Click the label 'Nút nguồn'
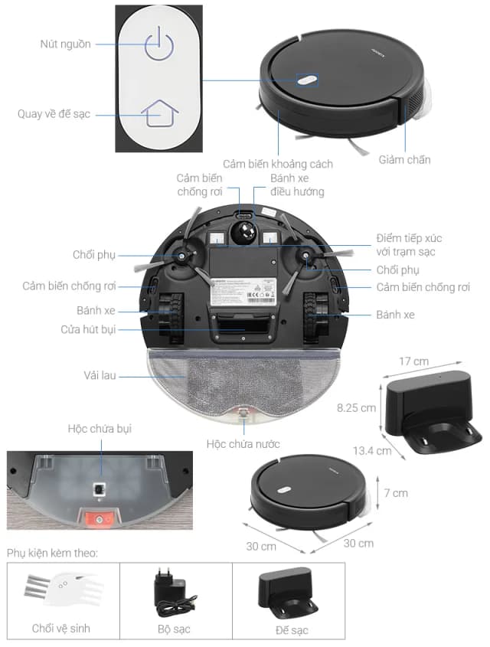pyautogui.click(x=65, y=44)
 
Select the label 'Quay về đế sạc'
pyautogui.click(x=54, y=113)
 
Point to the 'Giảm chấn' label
pyautogui.click(x=404, y=160)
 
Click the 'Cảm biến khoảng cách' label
pyautogui.click(x=278, y=164)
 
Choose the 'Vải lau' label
pyautogui.click(x=100, y=376)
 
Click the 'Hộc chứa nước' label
pyautogui.click(x=243, y=443)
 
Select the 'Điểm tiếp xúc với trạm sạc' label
pyautogui.click(x=409, y=245)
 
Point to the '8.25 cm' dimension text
pyautogui.click(x=356, y=408)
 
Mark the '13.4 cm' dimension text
pyautogui.click(x=373, y=451)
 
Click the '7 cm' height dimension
pyautogui.click(x=395, y=493)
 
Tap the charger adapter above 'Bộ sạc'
pyautogui.click(x=175, y=593)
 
